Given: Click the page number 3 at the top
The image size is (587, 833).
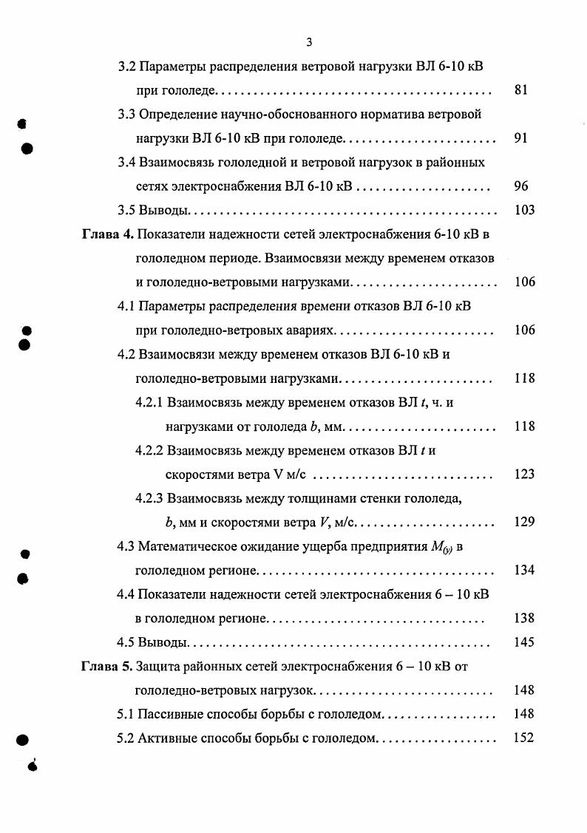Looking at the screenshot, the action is (x=310, y=41).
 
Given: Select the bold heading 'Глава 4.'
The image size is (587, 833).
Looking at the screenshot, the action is (x=106, y=234).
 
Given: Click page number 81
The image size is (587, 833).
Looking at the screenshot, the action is (x=520, y=91).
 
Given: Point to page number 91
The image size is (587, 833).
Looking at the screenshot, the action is (x=520, y=138).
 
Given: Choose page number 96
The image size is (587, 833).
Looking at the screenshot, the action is (x=520, y=186).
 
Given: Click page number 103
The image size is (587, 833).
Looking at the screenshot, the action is (x=523, y=211).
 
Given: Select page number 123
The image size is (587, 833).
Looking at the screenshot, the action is (x=523, y=475).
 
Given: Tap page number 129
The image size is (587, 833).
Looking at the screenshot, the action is (x=523, y=523).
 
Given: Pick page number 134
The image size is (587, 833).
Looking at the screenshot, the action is (x=523, y=571).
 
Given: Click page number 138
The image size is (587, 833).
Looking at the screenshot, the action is (x=523, y=619).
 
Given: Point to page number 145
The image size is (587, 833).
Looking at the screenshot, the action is (x=523, y=642).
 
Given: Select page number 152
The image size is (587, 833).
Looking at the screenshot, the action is (x=523, y=738).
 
